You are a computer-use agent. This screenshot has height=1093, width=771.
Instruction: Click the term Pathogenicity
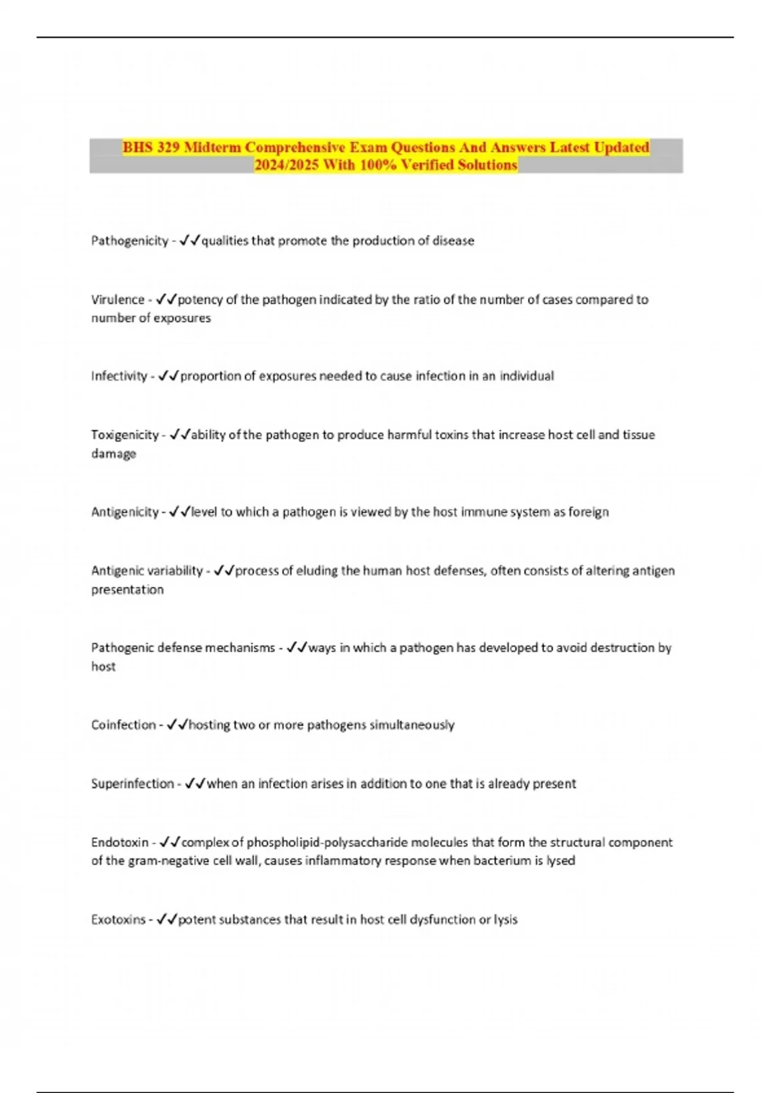tap(129, 241)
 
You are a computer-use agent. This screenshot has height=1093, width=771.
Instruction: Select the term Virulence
tap(118, 300)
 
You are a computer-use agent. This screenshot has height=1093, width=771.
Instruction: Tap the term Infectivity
tap(119, 376)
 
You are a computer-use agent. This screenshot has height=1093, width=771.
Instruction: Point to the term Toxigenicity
tap(125, 435)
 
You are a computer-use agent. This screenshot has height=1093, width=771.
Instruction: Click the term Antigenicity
tap(125, 512)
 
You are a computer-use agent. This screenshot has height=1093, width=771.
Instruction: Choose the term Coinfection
tap(123, 725)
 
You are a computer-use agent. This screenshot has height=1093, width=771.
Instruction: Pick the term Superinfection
tap(132, 784)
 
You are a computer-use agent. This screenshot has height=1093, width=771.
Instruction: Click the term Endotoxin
tap(120, 842)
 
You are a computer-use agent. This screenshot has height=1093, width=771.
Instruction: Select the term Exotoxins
tap(118, 920)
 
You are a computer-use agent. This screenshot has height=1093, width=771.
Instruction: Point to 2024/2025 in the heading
tap(287, 165)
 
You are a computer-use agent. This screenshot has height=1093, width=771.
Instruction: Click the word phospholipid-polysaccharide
tap(328, 842)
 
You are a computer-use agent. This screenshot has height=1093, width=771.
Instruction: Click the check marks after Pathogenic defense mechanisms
tap(296, 648)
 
